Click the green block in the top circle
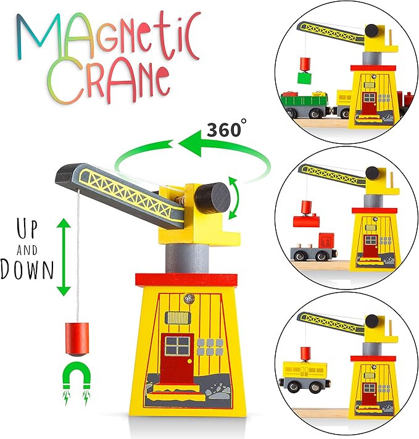(x=304, y=78)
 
